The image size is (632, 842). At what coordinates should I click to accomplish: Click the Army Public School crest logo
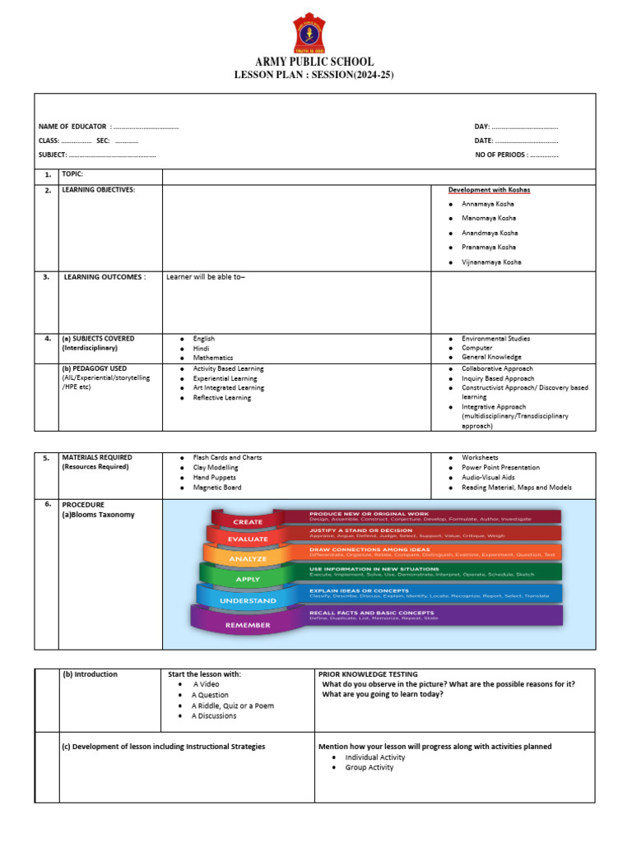click(x=315, y=32)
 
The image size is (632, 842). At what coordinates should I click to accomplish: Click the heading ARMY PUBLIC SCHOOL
click(x=315, y=62)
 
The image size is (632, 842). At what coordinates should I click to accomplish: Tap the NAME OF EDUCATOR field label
click(x=72, y=127)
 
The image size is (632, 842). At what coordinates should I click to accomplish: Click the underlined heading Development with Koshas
click(x=489, y=190)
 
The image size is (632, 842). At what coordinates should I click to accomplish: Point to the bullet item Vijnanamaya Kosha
click(x=491, y=262)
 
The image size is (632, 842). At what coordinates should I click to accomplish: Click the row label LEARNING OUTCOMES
click(x=105, y=277)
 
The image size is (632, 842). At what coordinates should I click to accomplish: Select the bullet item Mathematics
click(x=213, y=359)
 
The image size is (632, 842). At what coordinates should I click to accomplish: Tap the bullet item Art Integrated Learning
click(x=228, y=388)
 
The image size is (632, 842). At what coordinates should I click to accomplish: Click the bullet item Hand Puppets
click(x=214, y=478)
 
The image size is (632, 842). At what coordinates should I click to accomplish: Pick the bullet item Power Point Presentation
click(x=500, y=468)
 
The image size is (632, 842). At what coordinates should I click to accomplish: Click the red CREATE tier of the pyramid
click(x=248, y=521)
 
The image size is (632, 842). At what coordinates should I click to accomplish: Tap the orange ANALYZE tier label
click(x=248, y=559)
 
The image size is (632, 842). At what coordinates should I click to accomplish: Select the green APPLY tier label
click(x=248, y=579)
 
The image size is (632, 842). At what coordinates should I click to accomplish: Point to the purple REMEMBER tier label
click(x=248, y=625)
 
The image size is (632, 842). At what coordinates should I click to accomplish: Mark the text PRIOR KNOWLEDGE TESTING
click(x=368, y=674)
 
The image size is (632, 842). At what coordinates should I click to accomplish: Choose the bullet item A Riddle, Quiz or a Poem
click(x=232, y=706)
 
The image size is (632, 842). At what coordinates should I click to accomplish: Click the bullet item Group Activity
click(x=369, y=767)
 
